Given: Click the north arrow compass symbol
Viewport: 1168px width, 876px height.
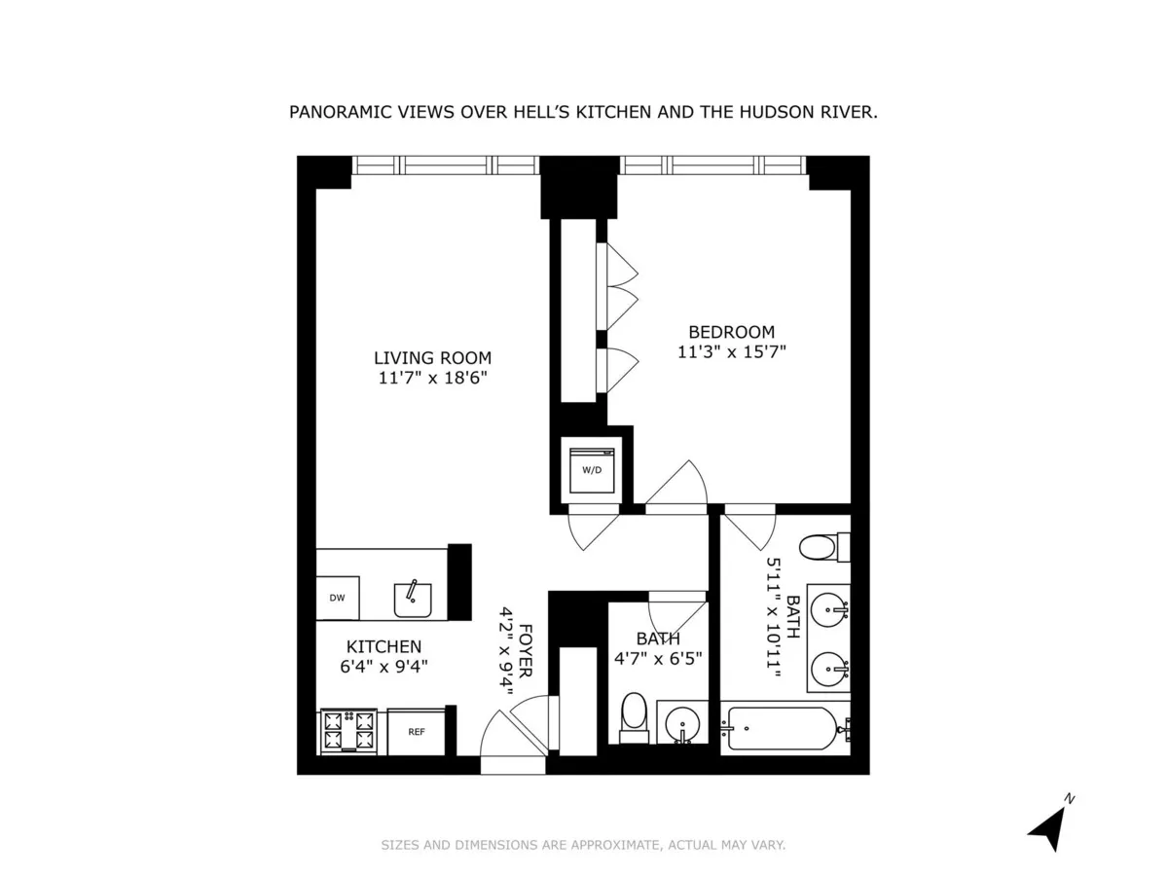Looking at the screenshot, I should pos(1047,822).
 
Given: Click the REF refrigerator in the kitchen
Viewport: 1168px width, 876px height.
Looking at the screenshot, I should pos(416,732).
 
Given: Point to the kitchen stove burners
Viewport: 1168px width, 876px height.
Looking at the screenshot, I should pos(348,732).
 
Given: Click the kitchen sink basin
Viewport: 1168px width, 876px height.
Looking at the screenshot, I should pos(414,598).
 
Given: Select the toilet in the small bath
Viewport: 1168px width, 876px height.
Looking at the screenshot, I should pos(634,717).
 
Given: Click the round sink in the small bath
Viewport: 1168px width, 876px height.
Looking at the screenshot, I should pos(680,723).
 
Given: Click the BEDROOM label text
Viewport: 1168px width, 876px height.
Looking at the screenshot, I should pos(732,332).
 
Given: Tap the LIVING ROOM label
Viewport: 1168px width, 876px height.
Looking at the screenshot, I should pos(433,357).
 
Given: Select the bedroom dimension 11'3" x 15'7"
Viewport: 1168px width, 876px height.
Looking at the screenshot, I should pos(732,352).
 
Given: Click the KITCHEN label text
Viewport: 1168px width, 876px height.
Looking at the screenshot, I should pos(384,646).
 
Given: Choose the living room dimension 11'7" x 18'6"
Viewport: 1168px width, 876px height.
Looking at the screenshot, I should pos(433,378).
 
